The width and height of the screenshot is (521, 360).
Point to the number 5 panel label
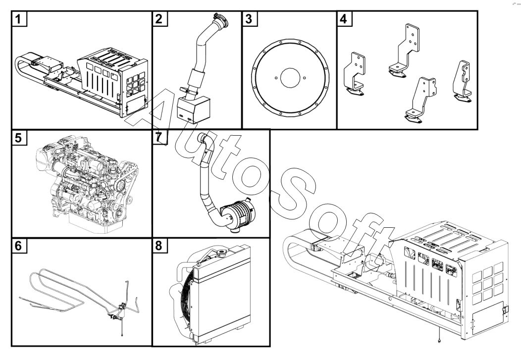[x=19, y=139]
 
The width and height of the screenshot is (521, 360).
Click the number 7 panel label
[x=159, y=138]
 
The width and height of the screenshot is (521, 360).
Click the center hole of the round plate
[x=288, y=78]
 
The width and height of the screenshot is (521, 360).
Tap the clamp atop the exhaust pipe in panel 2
[x=219, y=21]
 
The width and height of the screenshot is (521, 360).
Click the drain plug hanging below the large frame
[x=439, y=341]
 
